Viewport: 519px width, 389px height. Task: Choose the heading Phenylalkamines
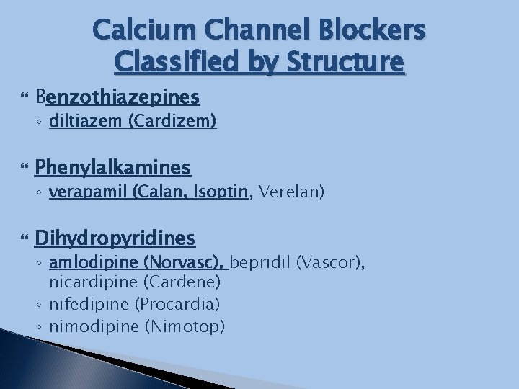tap(112, 168)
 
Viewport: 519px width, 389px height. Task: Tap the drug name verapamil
tap(79, 192)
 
